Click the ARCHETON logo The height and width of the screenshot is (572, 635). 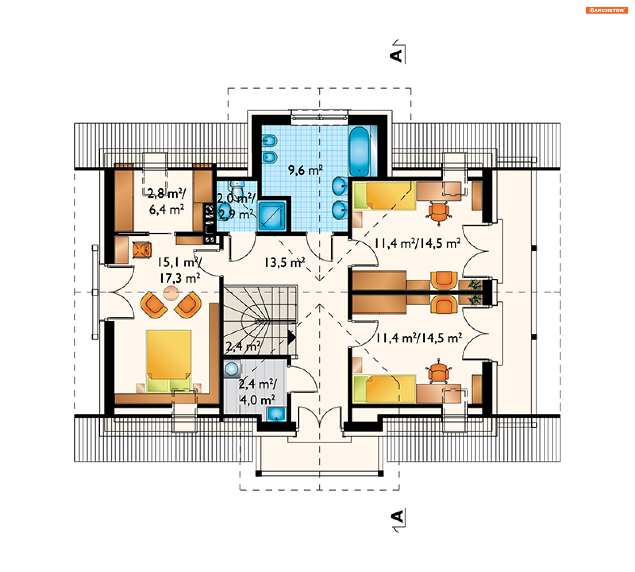click(607, 10)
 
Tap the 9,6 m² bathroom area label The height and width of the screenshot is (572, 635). click(305, 170)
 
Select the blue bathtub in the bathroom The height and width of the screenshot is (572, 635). click(360, 151)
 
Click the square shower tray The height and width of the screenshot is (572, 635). click(272, 215)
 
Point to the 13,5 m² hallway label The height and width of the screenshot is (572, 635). click(284, 262)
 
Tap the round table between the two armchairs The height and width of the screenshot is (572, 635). click(171, 293)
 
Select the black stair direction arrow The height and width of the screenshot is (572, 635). click(291, 337)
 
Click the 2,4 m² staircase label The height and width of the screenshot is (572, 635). click(243, 346)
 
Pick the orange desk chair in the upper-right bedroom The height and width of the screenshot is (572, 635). click(439, 212)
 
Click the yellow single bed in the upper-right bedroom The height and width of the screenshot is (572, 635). click(384, 196)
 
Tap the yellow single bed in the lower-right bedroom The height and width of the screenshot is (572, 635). click(384, 389)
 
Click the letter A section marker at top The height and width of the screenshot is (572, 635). click(396, 56)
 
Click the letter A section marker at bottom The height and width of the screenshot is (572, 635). click(397, 516)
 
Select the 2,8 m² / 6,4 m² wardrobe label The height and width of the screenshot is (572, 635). click(167, 201)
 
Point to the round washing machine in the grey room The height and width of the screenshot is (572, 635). click(232, 369)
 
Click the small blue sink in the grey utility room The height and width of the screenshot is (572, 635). click(276, 414)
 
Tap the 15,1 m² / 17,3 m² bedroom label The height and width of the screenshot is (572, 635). click(180, 270)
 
